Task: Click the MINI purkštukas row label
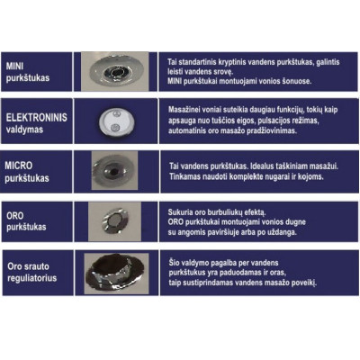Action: click(x=28, y=72)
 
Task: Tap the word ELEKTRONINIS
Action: click(x=37, y=117)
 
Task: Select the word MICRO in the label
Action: click(x=19, y=166)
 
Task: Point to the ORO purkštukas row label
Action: click(x=26, y=221)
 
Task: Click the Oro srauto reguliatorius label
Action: click(x=32, y=272)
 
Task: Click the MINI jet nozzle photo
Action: click(x=115, y=71)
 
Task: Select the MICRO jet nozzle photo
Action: click(x=114, y=170)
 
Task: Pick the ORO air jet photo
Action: click(x=114, y=221)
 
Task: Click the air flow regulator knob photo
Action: click(x=116, y=274)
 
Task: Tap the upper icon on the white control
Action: click(x=116, y=114)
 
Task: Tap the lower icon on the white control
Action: click(x=114, y=128)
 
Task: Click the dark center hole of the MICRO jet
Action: click(x=113, y=172)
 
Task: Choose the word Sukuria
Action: click(x=178, y=212)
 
